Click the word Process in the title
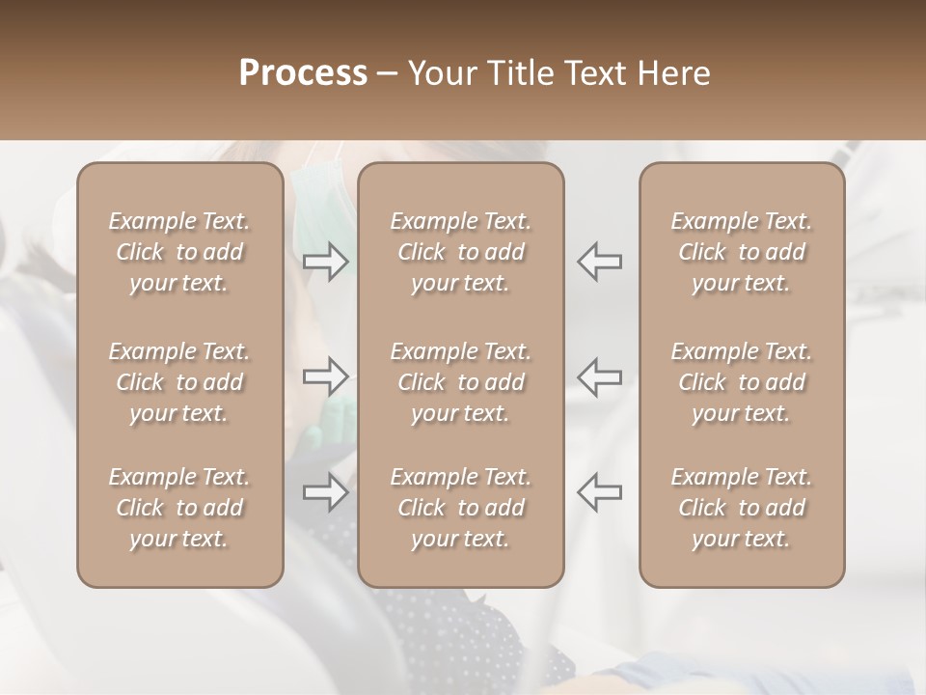coord(303,73)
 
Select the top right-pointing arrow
coord(326,262)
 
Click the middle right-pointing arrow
coord(326,376)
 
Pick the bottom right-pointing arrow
coord(326,492)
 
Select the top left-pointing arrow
coord(600,262)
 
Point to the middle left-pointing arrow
coord(600,376)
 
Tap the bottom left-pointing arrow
coord(600,492)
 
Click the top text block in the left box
coord(179,253)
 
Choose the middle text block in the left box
coord(179,382)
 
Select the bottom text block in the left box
coord(179,508)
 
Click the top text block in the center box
coord(460,253)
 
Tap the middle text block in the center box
coord(460,382)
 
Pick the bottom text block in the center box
coord(460,508)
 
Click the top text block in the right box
coord(742,253)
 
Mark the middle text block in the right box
coord(742,382)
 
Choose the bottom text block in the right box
coord(742,508)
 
